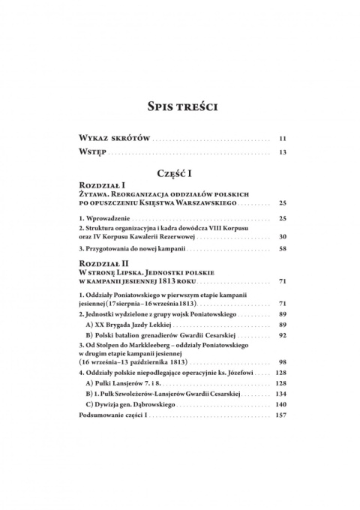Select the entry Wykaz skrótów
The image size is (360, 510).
pyautogui.click(x=112, y=139)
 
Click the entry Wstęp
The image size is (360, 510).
pyautogui.click(x=93, y=153)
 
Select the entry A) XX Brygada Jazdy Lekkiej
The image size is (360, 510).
pyautogui.click(x=128, y=327)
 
